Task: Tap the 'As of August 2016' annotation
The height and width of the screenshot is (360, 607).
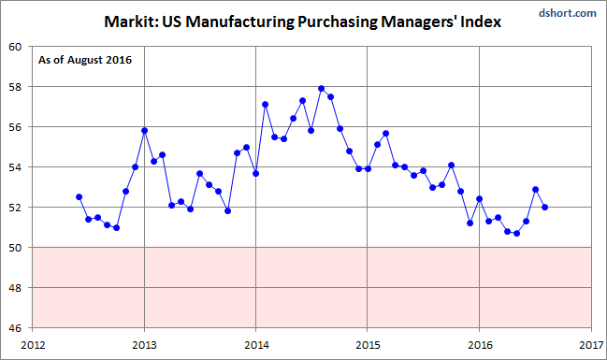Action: coord(85,61)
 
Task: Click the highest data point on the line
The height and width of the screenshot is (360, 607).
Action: coord(322,89)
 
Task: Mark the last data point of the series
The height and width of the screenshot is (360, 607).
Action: coord(545,208)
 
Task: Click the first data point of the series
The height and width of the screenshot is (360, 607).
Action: coord(79,197)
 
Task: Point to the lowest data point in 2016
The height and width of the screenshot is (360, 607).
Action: coord(517,234)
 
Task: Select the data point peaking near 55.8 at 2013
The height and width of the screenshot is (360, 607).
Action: coord(144,131)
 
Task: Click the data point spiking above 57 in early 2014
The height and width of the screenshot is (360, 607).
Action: coord(266,105)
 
